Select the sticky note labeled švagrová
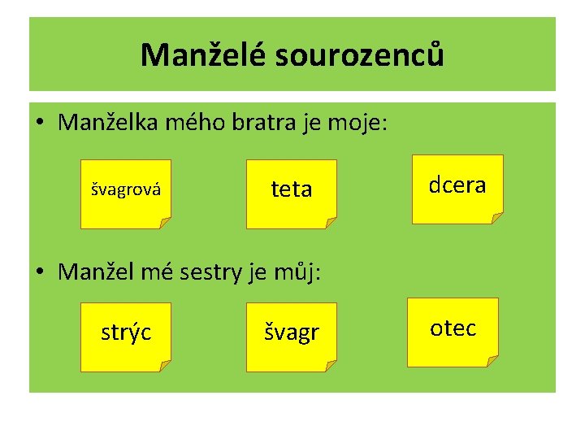pos(125,193)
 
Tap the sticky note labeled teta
pos(291,190)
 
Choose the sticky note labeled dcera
pos(457,186)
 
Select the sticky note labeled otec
pos(453,328)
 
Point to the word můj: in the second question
pos(301,271)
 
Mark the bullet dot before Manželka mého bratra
pos(40,124)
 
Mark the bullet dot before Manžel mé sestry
pos(40,272)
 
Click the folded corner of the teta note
pos(330,222)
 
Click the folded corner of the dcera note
pos(496,217)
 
